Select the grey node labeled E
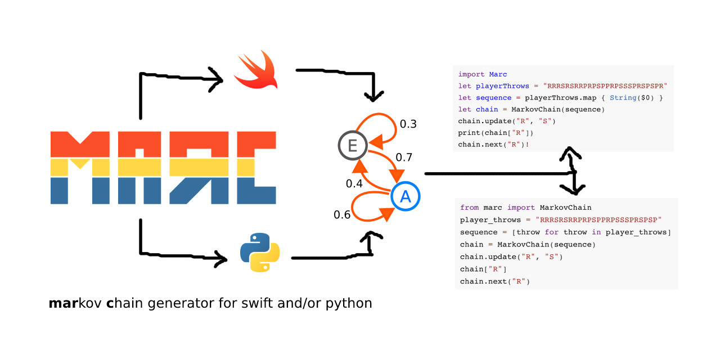[x=353, y=146]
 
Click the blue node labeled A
[x=405, y=196]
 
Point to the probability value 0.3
[x=408, y=124]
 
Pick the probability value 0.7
[x=404, y=157]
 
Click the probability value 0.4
[x=354, y=183]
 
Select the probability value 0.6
[x=342, y=214]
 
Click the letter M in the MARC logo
[x=79, y=168]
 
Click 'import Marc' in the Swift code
[x=483, y=74]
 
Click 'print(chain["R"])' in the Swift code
[x=496, y=133]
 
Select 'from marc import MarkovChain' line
[x=525, y=208]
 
